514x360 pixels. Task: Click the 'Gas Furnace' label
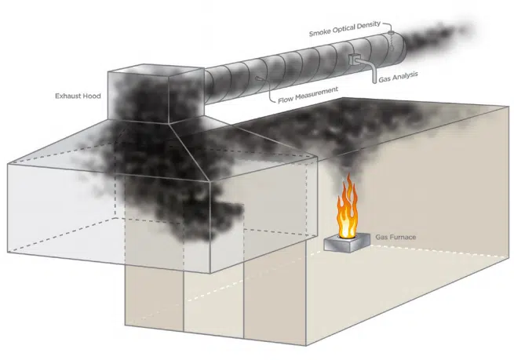(x=395, y=235)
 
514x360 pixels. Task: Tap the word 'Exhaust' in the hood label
(x=65, y=97)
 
